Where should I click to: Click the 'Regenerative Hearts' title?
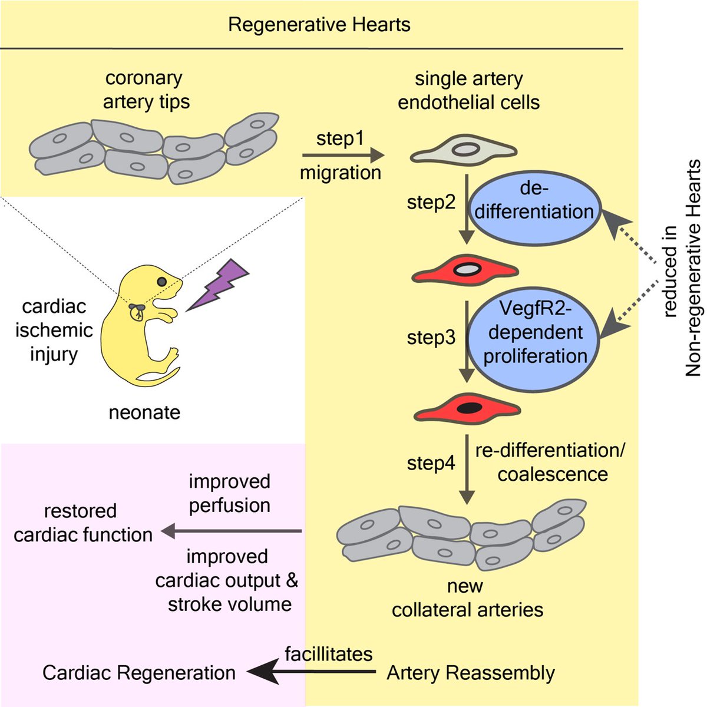(x=319, y=25)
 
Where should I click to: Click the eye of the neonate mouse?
(x=162, y=282)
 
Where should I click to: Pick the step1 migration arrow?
(x=343, y=155)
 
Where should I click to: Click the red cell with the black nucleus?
(x=467, y=408)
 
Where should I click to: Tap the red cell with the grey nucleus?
(x=465, y=270)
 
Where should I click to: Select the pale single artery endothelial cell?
(x=464, y=150)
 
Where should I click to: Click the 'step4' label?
(x=431, y=464)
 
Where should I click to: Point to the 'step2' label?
(x=431, y=202)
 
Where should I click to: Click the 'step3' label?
(x=431, y=338)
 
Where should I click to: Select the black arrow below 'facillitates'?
(x=312, y=672)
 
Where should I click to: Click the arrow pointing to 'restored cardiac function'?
(x=231, y=531)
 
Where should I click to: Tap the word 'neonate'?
(x=144, y=413)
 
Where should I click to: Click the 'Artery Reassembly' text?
(x=471, y=673)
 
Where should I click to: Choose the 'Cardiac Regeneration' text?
(x=139, y=673)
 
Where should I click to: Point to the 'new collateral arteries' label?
(x=467, y=597)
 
